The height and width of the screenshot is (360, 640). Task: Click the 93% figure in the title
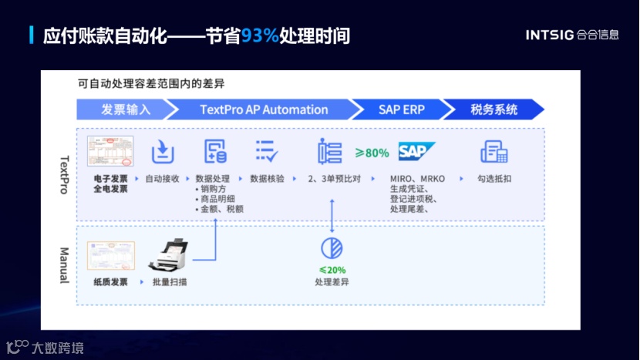click(x=260, y=35)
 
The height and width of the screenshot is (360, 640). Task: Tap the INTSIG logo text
click(x=550, y=35)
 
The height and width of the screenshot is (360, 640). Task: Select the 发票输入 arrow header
click(x=126, y=109)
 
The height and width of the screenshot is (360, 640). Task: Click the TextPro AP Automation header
click(x=264, y=109)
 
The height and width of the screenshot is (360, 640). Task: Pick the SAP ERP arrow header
click(x=402, y=109)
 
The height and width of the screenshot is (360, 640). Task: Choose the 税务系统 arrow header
click(x=493, y=109)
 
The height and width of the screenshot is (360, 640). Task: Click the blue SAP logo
click(x=416, y=151)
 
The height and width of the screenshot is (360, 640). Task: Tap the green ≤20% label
click(x=332, y=270)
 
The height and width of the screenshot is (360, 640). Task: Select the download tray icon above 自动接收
click(x=163, y=151)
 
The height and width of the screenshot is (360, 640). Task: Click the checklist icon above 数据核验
click(x=267, y=151)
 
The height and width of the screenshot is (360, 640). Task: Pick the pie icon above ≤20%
click(x=332, y=247)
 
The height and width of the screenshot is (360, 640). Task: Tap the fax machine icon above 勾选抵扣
click(x=493, y=151)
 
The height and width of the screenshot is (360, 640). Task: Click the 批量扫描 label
click(x=170, y=282)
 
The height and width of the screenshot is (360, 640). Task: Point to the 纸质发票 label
click(x=110, y=282)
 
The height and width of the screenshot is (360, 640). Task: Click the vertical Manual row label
click(x=65, y=265)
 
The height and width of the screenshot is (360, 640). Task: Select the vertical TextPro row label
click(x=65, y=173)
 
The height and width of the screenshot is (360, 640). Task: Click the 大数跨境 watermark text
click(x=58, y=348)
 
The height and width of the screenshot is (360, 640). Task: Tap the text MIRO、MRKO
click(x=417, y=178)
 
